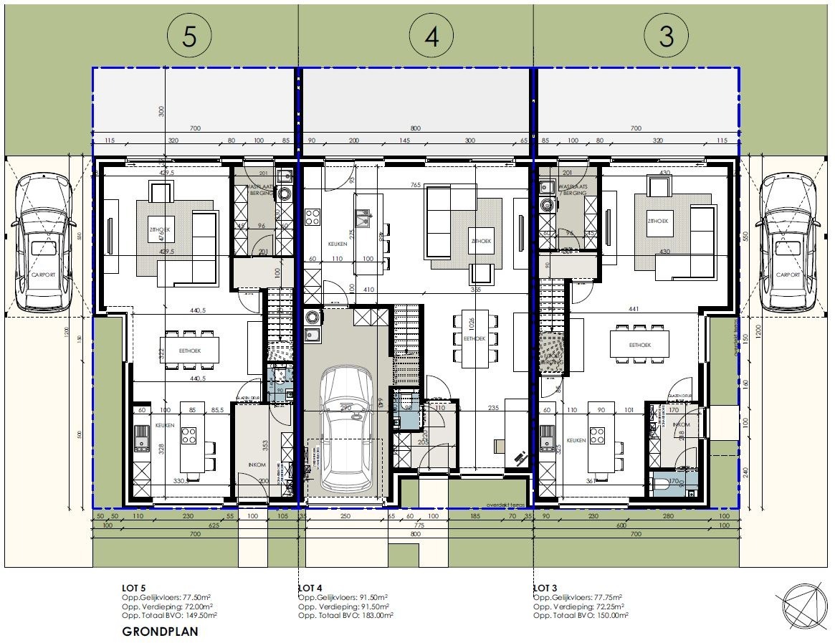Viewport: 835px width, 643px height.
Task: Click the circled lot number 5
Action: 189,36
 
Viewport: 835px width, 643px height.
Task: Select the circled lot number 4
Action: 431,36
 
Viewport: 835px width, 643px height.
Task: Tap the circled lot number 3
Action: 666,36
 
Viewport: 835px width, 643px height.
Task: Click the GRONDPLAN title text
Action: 160,632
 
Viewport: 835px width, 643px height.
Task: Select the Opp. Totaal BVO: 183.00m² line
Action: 343,614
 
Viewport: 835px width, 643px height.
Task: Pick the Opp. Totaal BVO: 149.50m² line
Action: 169,614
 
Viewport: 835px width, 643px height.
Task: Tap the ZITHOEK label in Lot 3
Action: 657,222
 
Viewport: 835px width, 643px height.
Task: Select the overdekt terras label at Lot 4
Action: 507,505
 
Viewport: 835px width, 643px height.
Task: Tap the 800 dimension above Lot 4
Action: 414,129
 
